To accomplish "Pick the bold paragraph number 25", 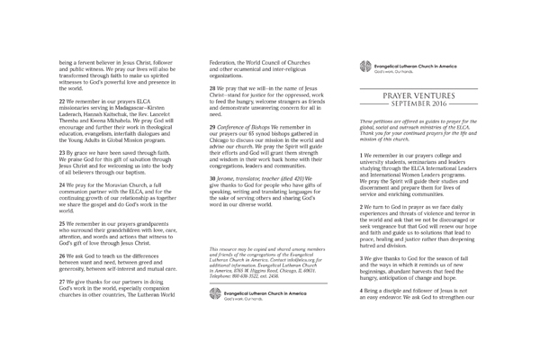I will [x=61, y=221].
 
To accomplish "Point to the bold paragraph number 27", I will [x=61, y=281].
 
